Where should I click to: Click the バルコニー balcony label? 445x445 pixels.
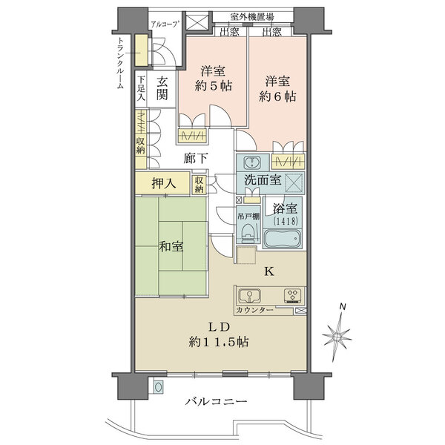(x=217, y=401)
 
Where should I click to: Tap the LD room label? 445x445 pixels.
(x=219, y=328)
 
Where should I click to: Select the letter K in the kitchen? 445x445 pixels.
(x=269, y=272)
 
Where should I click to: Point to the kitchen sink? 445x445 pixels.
(x=249, y=296)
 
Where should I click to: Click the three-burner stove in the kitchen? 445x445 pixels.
(x=293, y=296)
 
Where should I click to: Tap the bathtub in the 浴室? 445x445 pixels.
(x=283, y=238)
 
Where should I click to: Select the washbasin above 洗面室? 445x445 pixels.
(x=251, y=162)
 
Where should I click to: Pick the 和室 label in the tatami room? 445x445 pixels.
(x=171, y=246)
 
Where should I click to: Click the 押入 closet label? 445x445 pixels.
(x=164, y=184)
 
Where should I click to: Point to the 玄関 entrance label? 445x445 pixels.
(x=162, y=88)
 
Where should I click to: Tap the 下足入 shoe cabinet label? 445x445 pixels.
(x=141, y=88)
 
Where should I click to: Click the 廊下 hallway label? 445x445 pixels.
(x=196, y=159)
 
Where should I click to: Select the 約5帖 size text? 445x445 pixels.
(x=213, y=85)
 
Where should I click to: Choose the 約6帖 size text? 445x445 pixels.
(x=277, y=96)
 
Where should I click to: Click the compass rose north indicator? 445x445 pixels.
(x=337, y=335)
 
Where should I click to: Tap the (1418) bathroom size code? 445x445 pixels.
(x=286, y=221)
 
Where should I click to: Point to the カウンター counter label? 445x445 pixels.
(x=254, y=310)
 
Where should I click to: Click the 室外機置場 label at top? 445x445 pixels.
(x=252, y=17)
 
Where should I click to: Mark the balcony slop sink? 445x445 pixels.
(x=159, y=386)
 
